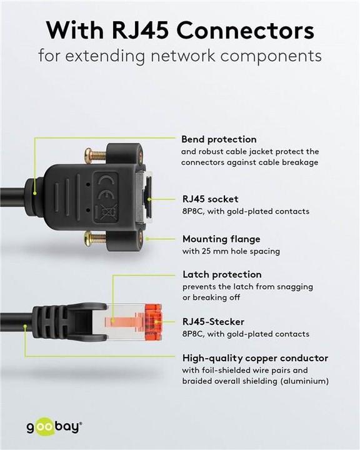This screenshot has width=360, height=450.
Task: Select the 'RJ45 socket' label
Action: pyautogui.click(x=210, y=199)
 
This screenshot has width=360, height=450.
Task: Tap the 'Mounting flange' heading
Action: pyautogui.click(x=221, y=239)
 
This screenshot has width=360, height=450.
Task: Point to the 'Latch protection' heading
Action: pyautogui.click(x=222, y=274)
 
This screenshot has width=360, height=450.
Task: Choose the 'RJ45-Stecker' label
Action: pyautogui.click(x=213, y=322)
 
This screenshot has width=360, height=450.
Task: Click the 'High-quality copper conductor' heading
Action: pyautogui.click(x=255, y=358)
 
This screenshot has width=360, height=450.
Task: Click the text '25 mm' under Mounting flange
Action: pyautogui.click(x=214, y=251)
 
